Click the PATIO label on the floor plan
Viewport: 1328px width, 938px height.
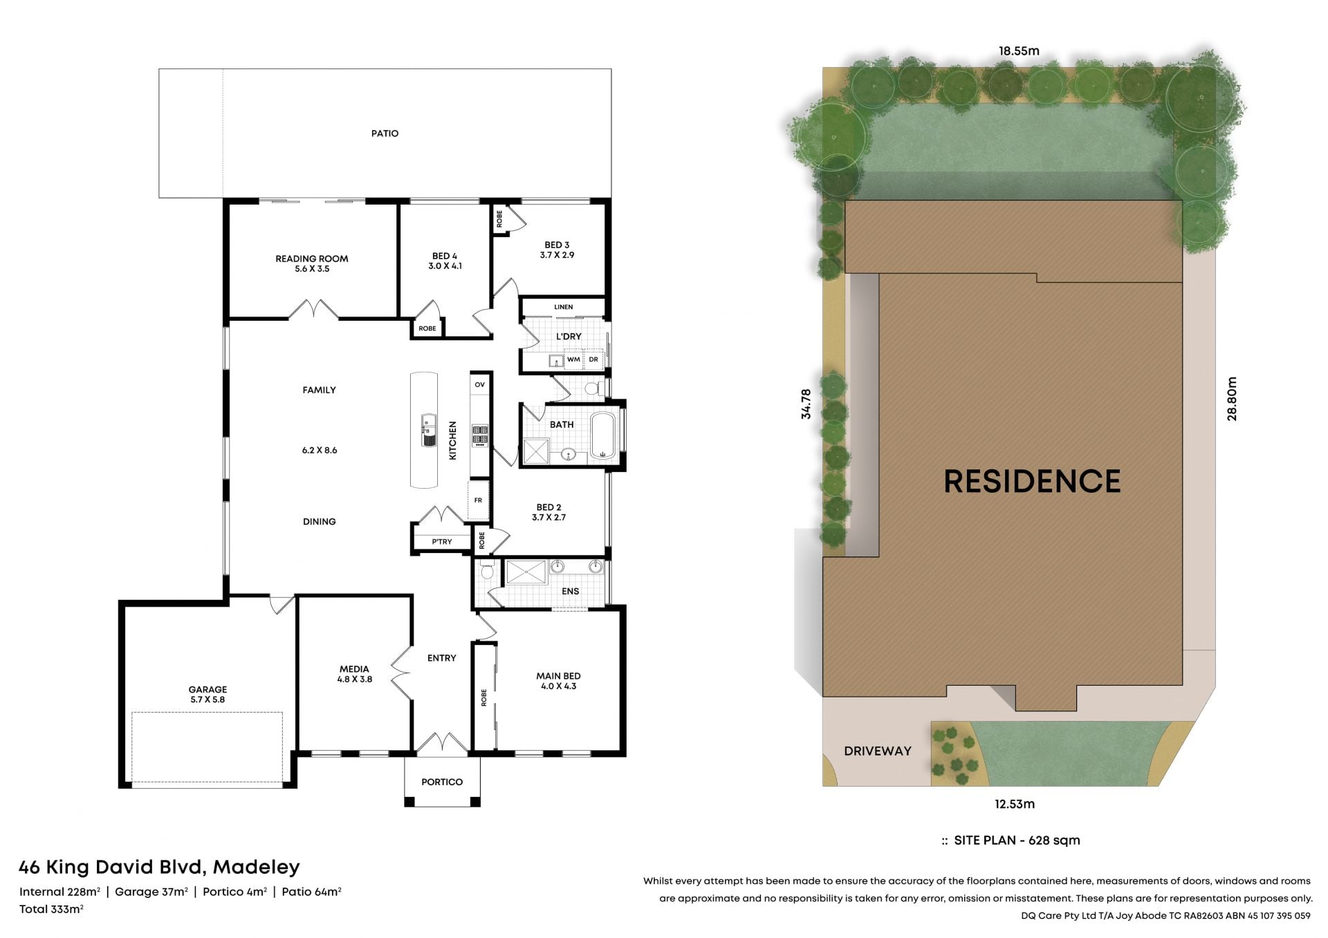[x=385, y=133]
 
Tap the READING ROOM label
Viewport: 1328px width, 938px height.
[x=312, y=259]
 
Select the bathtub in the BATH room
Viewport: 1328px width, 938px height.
[x=603, y=435]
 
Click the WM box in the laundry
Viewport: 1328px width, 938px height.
[x=573, y=359]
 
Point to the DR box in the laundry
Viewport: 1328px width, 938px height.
[x=593, y=359]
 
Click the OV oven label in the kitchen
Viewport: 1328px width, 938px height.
[x=480, y=384]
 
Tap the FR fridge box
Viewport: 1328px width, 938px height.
[x=478, y=500]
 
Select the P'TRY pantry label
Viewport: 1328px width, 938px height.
[x=442, y=542]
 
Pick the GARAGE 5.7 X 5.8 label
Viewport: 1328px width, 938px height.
[x=207, y=694]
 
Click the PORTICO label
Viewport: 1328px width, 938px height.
[x=442, y=782]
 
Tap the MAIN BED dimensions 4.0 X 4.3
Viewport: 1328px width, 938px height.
[x=558, y=686]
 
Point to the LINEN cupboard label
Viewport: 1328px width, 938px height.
[x=564, y=307]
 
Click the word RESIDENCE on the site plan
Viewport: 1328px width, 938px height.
[x=1032, y=481]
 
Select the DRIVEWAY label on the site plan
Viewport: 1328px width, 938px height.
[x=878, y=751]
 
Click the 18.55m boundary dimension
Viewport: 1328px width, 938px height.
[x=1019, y=50]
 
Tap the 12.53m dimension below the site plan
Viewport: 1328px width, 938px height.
[x=1015, y=804]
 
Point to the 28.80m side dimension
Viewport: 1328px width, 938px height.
[x=1231, y=399]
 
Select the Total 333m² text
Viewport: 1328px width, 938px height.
[x=51, y=909]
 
